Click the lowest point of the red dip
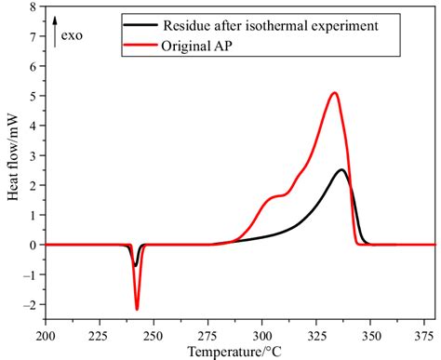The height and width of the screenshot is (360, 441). [137, 309]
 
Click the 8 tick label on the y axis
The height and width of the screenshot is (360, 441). [32, 7]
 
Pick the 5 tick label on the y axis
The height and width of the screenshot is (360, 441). [32, 96]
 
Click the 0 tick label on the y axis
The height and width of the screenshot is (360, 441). [32, 246]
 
